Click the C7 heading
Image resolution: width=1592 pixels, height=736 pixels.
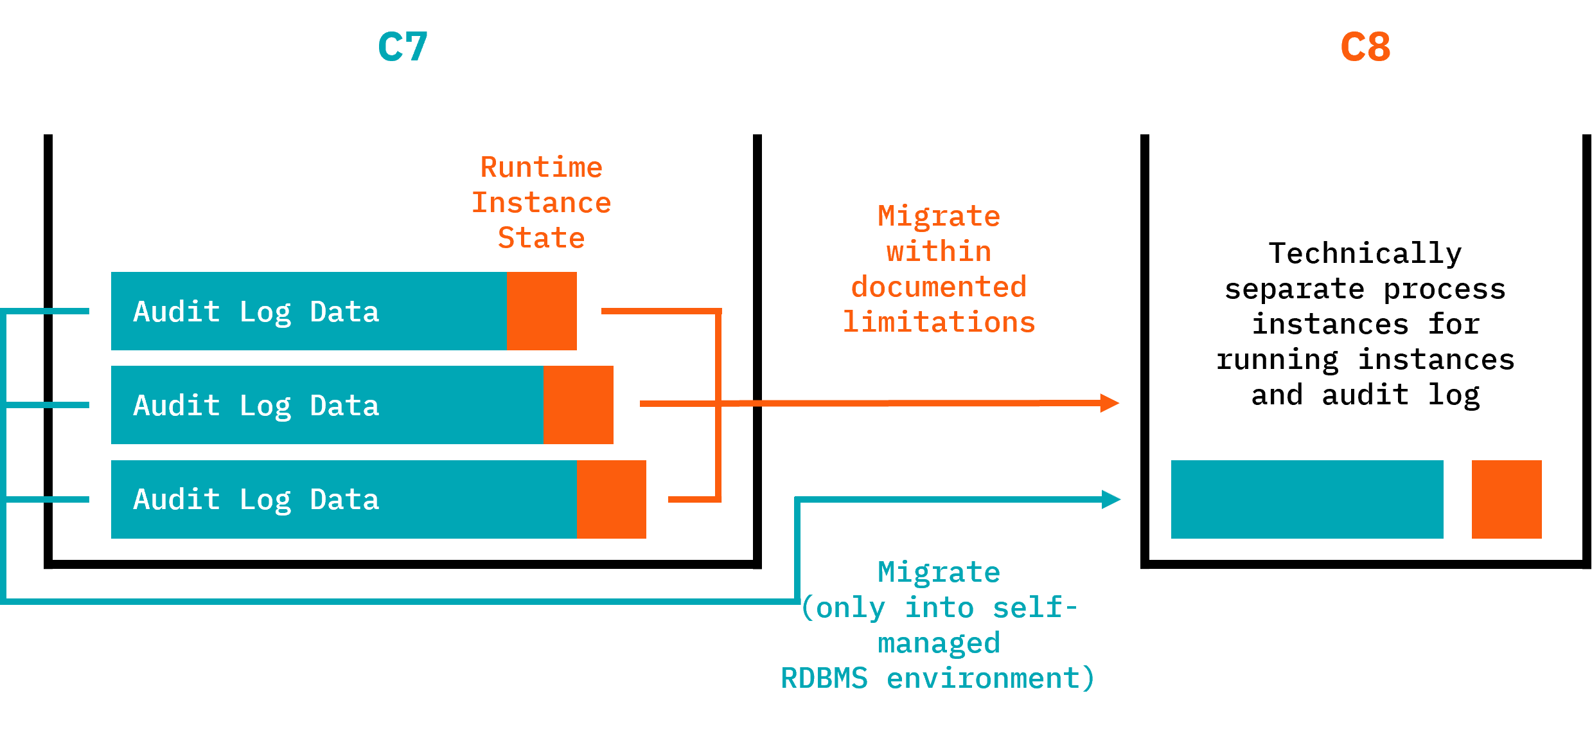(403, 47)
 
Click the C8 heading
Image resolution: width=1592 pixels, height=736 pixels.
(1365, 47)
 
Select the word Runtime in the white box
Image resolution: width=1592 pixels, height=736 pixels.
(541, 167)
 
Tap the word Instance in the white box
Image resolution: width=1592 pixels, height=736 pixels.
(541, 202)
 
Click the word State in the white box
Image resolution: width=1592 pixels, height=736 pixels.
(541, 238)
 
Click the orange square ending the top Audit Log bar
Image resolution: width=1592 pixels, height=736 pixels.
(542, 311)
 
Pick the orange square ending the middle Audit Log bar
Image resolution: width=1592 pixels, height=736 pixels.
(578, 405)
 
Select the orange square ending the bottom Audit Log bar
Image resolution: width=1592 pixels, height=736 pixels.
(611, 499)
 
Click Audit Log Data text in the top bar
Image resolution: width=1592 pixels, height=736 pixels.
(256, 312)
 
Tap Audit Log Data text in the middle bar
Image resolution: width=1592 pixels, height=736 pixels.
(256, 406)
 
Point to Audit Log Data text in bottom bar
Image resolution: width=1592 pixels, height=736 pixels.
(256, 499)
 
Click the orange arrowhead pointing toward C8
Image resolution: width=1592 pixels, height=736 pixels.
(1109, 403)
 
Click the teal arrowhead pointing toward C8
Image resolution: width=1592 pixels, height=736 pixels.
(1111, 499)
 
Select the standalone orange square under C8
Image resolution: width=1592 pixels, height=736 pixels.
(1507, 499)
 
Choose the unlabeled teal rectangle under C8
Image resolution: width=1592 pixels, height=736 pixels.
(1307, 499)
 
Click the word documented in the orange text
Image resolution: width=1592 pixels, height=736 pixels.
(939, 287)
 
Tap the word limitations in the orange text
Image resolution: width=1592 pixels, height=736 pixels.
(939, 322)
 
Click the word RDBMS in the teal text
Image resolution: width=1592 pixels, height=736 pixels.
(824, 678)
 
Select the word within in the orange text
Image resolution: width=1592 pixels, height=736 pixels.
(939, 251)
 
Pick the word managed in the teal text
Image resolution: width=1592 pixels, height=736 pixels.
(939, 643)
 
